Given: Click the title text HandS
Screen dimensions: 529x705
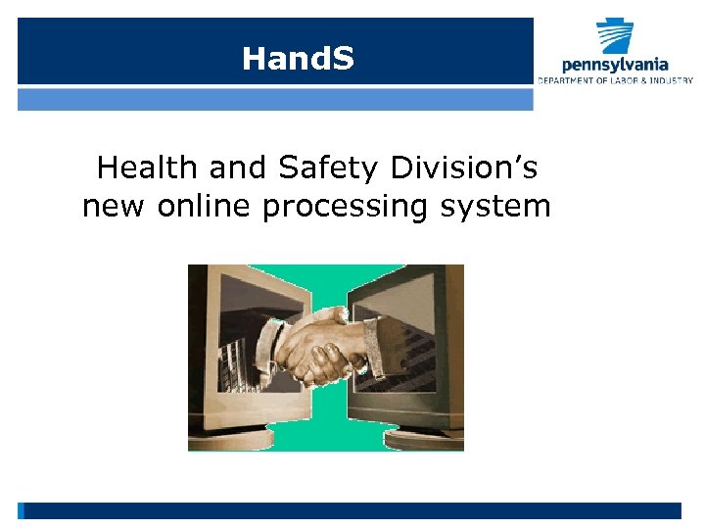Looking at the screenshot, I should coord(298,60).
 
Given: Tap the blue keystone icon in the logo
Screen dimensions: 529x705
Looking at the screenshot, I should coord(616,35).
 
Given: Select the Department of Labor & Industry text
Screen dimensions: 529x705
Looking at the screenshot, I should coord(615,80).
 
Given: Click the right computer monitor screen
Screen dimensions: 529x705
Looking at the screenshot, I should coord(406,338).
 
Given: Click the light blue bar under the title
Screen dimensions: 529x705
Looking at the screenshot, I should coord(275,100).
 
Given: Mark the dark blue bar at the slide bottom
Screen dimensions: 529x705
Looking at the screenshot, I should coord(352,510).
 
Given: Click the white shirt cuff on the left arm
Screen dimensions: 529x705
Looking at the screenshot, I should coord(280,343).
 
